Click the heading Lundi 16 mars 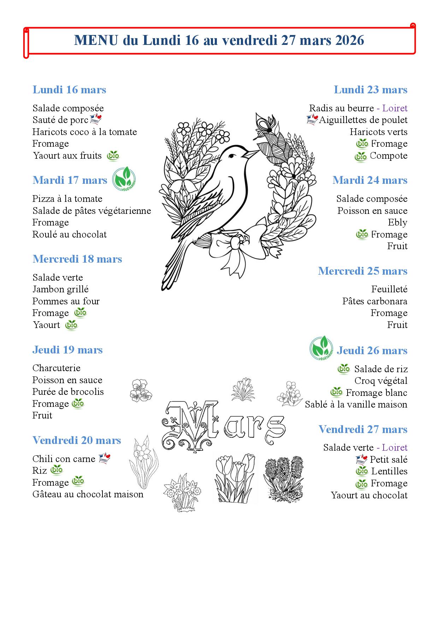tap(69, 90)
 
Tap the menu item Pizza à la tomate tap(67, 199)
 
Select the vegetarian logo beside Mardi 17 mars tap(124, 179)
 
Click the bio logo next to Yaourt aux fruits tap(113, 156)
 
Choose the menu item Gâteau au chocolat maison tap(88, 494)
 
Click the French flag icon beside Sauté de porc tap(96, 119)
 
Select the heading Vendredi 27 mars tap(363, 429)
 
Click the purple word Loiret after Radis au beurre tap(395, 108)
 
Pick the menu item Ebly tap(397, 223)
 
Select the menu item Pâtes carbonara tap(374, 301)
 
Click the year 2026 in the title tap(349, 40)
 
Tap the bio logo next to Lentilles tap(362, 471)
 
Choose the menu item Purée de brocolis tap(68, 392)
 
